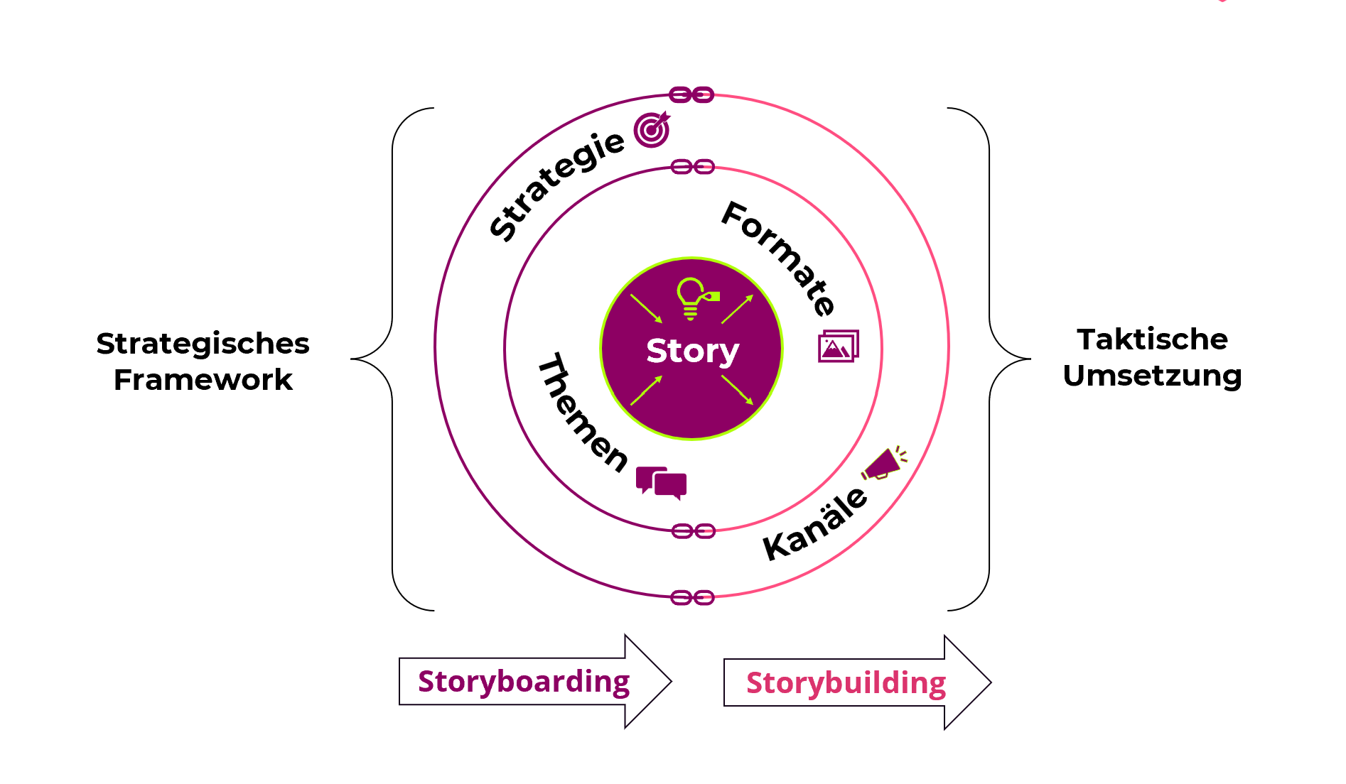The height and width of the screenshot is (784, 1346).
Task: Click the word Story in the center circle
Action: (x=692, y=351)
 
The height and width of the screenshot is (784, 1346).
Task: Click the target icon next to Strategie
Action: (x=652, y=129)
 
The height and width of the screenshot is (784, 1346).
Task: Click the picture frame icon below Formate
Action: (x=838, y=346)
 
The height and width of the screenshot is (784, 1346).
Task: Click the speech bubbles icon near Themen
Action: (x=661, y=483)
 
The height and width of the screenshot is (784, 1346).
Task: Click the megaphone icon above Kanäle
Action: (x=884, y=464)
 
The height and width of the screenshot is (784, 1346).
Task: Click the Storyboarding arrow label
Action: (x=524, y=682)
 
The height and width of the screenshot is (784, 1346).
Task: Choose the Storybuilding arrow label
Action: (x=846, y=683)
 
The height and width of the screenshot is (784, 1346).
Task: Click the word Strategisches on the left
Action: (x=203, y=344)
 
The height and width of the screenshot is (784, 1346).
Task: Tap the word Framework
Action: (x=203, y=380)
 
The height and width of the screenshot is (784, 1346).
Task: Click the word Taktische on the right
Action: (x=1152, y=339)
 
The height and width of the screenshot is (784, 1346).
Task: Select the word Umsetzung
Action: (x=1152, y=376)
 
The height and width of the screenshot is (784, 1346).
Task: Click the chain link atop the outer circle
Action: (x=691, y=94)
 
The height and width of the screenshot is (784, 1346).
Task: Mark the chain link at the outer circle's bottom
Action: (x=692, y=597)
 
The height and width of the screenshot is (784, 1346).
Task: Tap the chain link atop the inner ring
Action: (x=692, y=167)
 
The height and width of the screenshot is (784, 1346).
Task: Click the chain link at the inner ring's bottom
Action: (x=693, y=531)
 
